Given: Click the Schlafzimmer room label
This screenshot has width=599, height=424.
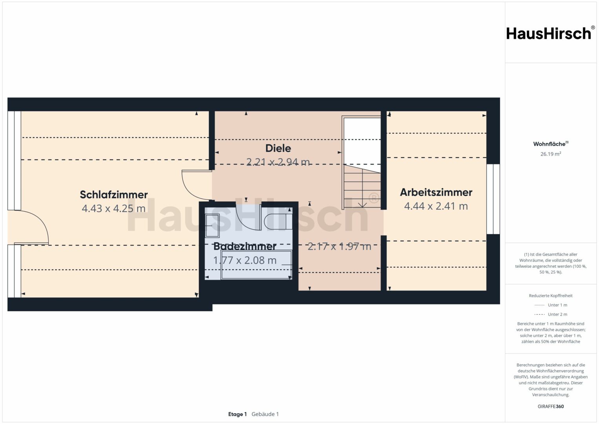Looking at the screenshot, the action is tap(114, 195).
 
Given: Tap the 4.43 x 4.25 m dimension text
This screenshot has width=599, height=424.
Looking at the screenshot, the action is tap(114, 208).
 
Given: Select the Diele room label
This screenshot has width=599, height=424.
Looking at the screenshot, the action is tap(278, 148).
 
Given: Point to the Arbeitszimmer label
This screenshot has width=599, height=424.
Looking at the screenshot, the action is tap(436, 192).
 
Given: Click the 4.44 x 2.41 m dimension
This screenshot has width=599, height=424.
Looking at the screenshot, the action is tap(436, 206).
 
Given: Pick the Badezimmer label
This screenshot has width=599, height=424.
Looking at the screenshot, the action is tap(245, 246).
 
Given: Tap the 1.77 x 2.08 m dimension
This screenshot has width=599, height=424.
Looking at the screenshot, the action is tap(245, 260).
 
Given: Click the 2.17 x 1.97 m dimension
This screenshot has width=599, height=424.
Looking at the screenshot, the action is tap(339, 246).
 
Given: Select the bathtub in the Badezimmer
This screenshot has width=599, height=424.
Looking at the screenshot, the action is tap(256, 265).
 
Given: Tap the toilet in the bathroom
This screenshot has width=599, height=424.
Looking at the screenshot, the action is tap(278, 221).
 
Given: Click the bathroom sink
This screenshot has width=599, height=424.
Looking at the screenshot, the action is tap(212, 226).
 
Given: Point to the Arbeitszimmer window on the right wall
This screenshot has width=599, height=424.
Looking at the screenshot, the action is tap(493, 199).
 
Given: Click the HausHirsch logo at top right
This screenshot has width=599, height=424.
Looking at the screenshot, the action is tap(551, 33).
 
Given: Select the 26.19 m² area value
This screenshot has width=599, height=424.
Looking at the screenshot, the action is tap(551, 154).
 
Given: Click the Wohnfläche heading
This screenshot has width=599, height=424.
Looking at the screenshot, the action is tap(551, 144).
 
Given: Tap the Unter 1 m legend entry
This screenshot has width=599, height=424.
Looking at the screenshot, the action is tap(551, 305).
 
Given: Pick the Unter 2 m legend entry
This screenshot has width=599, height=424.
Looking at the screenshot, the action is tap(551, 314).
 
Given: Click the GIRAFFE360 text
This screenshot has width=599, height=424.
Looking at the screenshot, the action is tap(551, 406).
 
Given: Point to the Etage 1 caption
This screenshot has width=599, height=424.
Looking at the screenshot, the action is tap(237, 414).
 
